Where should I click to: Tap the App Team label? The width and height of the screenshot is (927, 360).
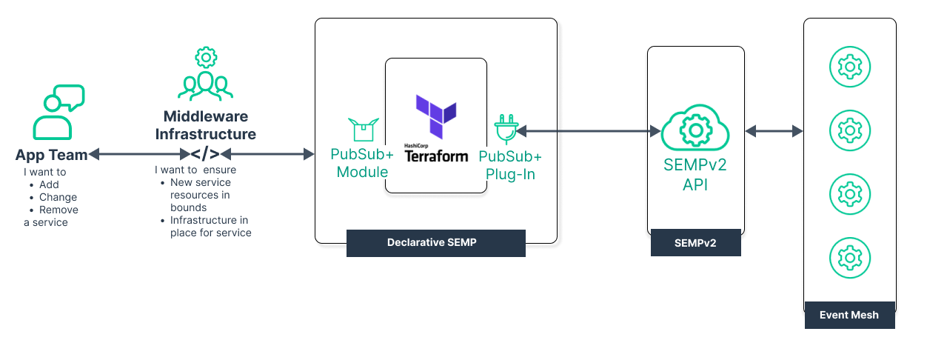51,155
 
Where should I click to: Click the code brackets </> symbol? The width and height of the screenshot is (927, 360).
205,154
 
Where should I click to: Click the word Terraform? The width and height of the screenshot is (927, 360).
436,156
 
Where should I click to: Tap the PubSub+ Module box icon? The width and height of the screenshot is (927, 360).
363,130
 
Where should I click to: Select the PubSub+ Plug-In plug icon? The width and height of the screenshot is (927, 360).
506,129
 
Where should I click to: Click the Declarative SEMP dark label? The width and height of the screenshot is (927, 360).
435,243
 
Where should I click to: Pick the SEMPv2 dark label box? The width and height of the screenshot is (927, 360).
695,243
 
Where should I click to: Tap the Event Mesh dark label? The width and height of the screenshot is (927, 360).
849,315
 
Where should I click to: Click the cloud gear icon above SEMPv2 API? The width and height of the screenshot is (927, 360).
695,129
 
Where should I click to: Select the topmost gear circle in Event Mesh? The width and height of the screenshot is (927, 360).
849,67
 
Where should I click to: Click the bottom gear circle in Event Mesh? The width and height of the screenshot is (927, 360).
849,257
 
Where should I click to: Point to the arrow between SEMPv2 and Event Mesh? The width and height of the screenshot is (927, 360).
774,131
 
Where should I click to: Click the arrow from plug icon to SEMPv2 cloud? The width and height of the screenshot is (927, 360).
589,131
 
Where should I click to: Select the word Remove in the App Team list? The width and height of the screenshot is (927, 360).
58,210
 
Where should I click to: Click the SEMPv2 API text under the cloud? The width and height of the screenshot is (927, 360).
695,174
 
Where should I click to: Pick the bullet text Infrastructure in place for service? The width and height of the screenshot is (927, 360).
210,227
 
